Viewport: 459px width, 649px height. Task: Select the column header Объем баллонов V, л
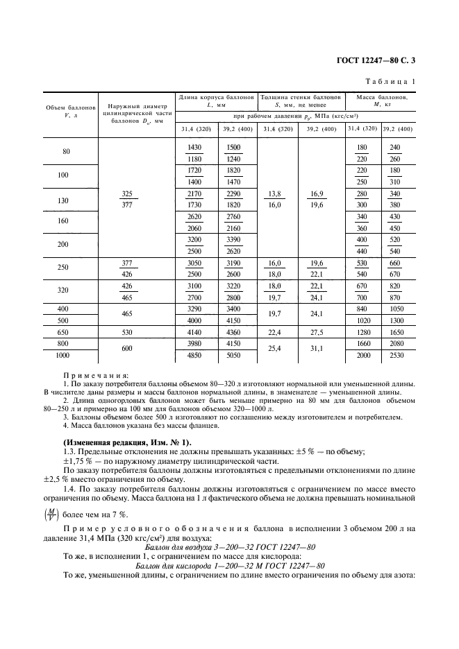(x=69, y=112)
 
